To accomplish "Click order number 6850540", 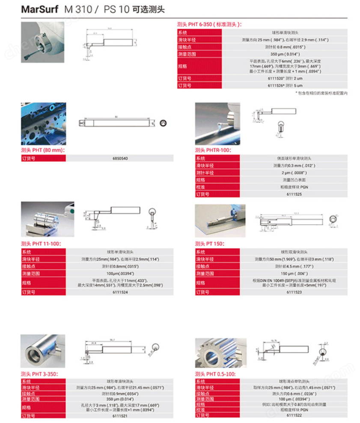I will (x=120, y=158).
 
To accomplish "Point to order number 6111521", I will (x=120, y=415).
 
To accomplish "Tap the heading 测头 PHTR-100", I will (x=213, y=150).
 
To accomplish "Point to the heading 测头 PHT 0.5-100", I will (x=215, y=374).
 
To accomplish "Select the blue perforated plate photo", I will (x=43, y=124).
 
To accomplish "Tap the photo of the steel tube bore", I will (x=42, y=351).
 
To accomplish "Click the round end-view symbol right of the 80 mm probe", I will (x=163, y=123).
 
